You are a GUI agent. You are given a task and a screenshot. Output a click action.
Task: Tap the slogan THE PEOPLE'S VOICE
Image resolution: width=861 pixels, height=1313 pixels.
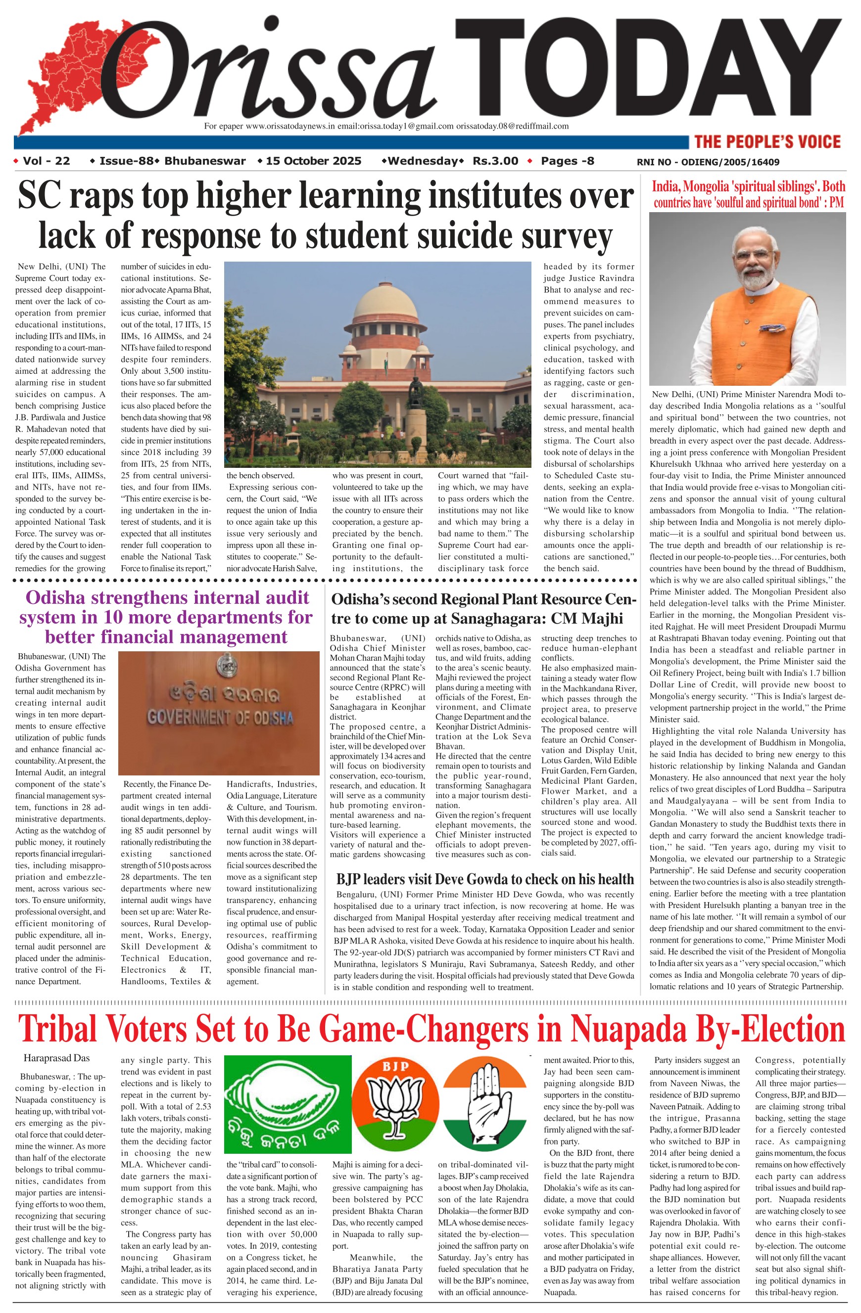pyautogui.click(x=767, y=142)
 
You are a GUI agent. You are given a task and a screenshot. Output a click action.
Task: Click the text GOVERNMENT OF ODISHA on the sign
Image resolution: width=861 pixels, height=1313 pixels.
pyautogui.click(x=220, y=718)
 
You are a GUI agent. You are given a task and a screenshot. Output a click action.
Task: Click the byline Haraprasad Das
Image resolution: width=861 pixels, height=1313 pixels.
pyautogui.click(x=56, y=1058)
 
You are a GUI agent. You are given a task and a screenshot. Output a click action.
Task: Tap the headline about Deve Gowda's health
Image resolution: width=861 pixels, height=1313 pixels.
pyautogui.click(x=484, y=879)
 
